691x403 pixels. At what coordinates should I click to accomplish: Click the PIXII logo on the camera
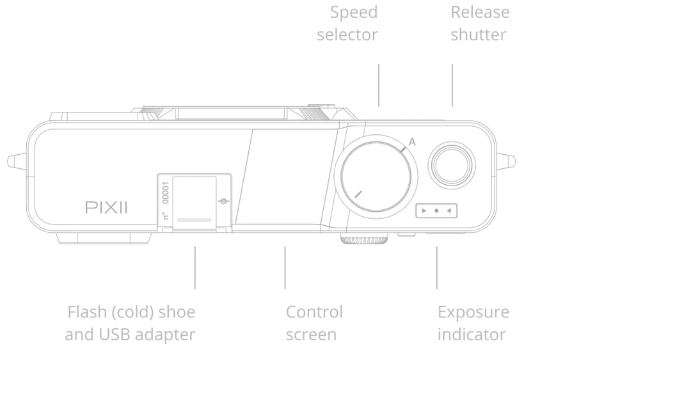click(x=106, y=207)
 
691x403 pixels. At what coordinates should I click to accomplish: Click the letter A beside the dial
click(x=412, y=142)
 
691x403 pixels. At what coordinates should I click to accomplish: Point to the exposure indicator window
click(x=436, y=210)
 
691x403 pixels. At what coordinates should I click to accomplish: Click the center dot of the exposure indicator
click(x=436, y=210)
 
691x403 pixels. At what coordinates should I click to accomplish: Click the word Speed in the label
click(x=354, y=12)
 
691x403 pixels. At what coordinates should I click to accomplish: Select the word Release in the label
click(x=480, y=12)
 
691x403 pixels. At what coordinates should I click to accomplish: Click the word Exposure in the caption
click(x=473, y=312)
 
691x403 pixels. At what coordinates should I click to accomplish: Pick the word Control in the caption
click(x=314, y=312)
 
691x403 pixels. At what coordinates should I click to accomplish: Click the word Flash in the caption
click(x=86, y=312)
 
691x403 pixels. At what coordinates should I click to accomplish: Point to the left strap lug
click(x=17, y=161)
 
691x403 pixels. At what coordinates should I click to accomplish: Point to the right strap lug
click(x=506, y=161)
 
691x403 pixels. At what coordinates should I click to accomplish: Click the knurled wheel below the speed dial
click(x=363, y=240)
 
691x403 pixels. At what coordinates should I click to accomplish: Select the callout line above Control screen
click(x=285, y=267)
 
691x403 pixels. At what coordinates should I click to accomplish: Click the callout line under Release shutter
click(x=452, y=84)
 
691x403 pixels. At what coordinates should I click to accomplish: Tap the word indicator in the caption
click(x=472, y=334)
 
